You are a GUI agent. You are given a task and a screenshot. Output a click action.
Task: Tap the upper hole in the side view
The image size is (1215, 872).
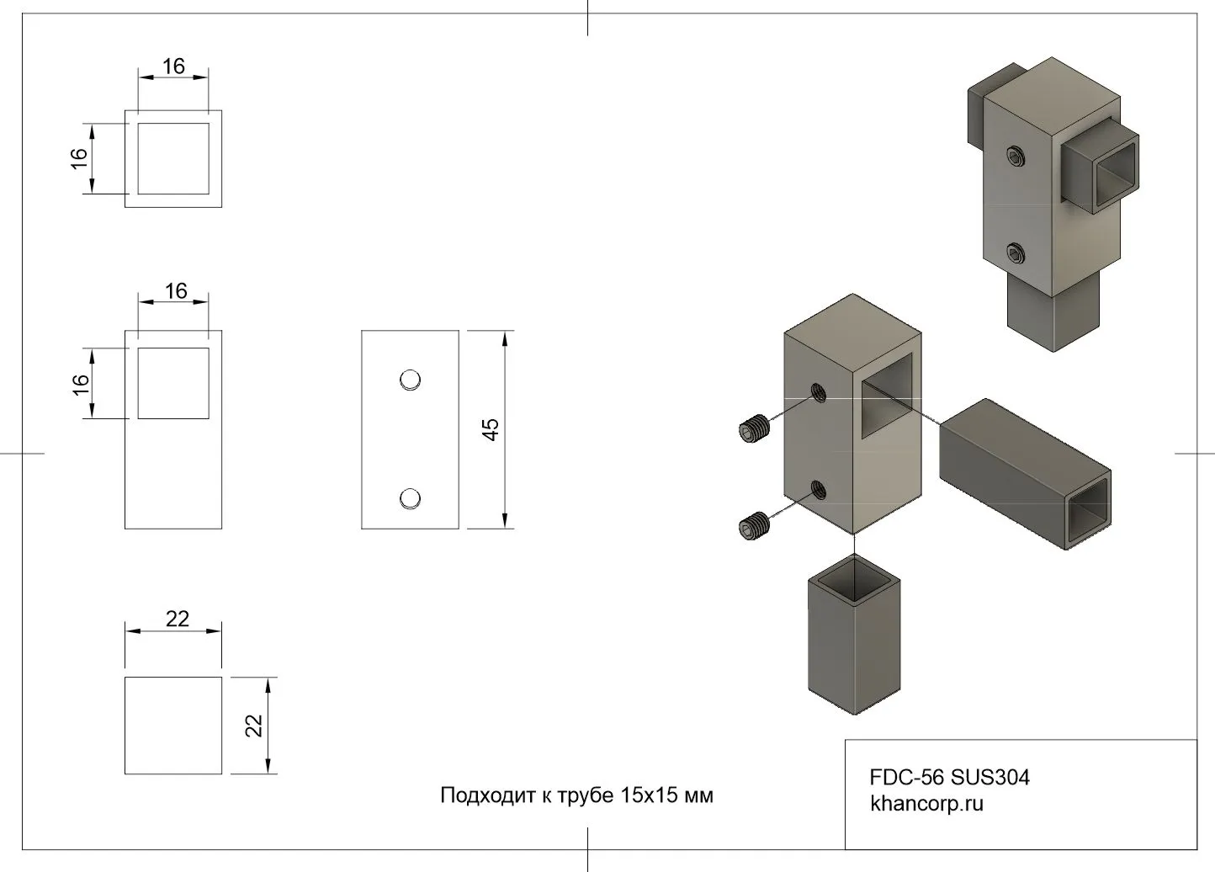410,380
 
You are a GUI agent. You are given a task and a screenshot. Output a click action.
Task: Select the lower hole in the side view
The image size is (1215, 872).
410,499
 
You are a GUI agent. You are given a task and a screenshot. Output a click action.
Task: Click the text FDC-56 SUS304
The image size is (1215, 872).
949,777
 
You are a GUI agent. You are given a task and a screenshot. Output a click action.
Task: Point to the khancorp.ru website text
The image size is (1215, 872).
926,803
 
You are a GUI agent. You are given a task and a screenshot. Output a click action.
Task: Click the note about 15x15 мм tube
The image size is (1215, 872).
576,795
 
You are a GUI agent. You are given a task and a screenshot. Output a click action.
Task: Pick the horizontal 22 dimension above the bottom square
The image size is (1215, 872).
177,619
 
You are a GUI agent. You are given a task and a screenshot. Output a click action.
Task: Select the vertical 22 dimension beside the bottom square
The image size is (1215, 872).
254,726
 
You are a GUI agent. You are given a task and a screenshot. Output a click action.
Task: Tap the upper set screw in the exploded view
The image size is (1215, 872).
754,429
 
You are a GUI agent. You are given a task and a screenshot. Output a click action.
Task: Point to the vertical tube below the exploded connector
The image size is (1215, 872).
855,640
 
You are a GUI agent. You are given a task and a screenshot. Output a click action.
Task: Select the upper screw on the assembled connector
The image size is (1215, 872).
1016,156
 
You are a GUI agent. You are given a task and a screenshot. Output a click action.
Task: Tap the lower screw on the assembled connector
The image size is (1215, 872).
1016,253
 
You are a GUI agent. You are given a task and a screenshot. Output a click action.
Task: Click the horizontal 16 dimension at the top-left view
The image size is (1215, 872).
173,66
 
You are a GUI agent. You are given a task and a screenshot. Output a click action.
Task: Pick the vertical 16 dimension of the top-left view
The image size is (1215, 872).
79,158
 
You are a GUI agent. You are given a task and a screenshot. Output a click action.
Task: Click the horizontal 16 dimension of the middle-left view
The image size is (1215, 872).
175,291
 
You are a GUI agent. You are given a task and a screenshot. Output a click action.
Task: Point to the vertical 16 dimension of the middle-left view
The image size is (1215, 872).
80,383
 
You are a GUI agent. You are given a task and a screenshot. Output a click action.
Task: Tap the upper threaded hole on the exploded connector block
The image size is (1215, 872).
817,391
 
